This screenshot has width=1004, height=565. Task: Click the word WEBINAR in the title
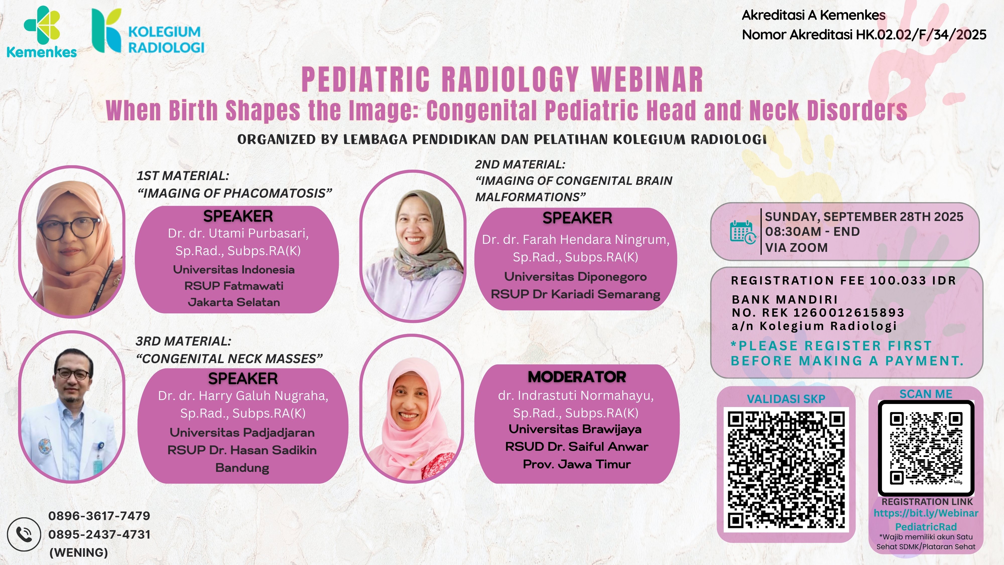tap(647, 80)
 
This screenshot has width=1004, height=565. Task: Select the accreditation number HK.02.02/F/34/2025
tap(921, 35)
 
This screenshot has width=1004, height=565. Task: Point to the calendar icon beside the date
tap(742, 232)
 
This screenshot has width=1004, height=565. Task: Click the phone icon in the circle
tap(24, 534)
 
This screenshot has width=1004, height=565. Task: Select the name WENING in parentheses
tap(79, 552)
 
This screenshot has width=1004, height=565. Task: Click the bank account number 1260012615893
tap(849, 312)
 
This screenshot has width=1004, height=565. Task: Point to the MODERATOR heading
tap(577, 377)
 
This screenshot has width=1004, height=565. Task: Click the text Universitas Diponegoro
tap(575, 276)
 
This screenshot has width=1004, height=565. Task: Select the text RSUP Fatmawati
tap(234, 286)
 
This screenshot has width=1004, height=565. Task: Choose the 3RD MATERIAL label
tap(183, 341)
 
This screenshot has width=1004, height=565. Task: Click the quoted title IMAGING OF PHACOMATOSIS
tap(235, 193)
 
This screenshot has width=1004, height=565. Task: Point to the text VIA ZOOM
tap(796, 248)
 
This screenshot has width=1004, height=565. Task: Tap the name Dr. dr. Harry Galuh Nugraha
tap(243, 396)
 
